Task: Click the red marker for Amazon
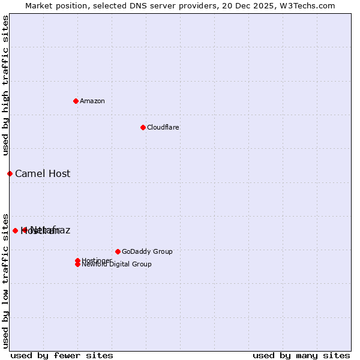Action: tap(76, 101)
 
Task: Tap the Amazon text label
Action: tap(92, 101)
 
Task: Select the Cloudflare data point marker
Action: tap(143, 127)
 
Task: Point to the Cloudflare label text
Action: tap(163, 127)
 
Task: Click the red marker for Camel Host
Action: tap(10, 173)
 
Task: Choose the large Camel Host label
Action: tap(43, 174)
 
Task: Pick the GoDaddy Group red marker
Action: tap(118, 251)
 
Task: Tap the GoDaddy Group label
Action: tap(147, 251)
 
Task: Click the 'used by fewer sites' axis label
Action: tap(62, 355)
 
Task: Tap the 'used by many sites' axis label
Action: tap(301, 355)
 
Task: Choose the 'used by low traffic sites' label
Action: tap(5, 280)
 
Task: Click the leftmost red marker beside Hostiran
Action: tap(15, 230)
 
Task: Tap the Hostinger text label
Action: tap(97, 260)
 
